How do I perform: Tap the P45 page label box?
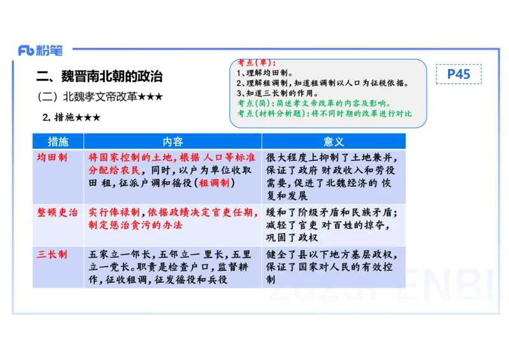point(458,74)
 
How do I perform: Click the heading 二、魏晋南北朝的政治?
point(99,77)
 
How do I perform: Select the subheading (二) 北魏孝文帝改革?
point(100,97)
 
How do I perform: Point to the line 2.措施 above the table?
point(71,118)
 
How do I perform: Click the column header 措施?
point(58,141)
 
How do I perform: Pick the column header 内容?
point(172,141)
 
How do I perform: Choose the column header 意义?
point(333,141)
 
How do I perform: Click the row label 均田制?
point(52,157)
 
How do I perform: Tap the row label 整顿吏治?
point(57,212)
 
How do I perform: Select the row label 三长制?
point(52,254)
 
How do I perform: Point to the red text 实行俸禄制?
point(116,212)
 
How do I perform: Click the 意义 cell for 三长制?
point(333,267)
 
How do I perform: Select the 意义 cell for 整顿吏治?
point(333,225)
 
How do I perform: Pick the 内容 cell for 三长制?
point(172,267)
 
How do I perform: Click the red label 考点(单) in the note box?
point(256,63)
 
